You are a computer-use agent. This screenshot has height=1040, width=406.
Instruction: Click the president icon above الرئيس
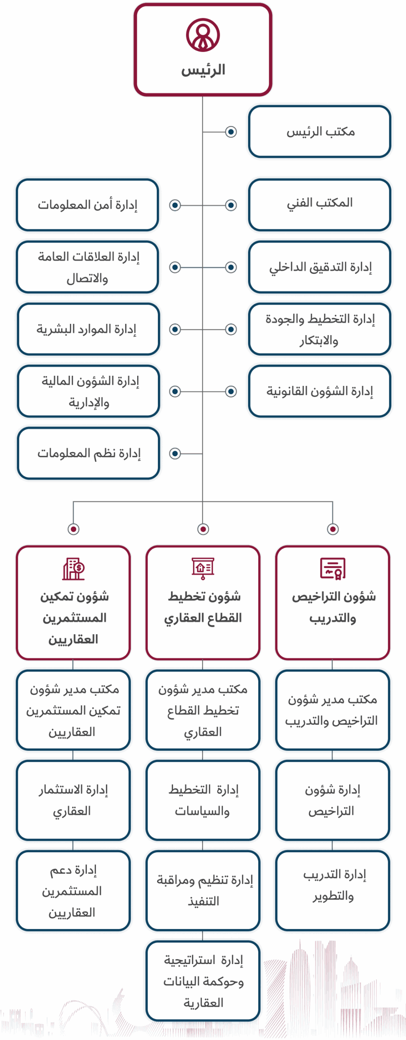[x=203, y=35]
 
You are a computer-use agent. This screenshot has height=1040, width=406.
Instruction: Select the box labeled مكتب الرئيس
[x=320, y=132]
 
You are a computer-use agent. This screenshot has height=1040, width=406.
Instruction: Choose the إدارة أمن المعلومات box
[x=87, y=205]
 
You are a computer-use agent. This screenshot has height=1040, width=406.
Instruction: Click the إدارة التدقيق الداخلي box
[x=320, y=267]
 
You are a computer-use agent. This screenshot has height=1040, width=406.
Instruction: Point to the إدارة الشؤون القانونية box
[x=320, y=391]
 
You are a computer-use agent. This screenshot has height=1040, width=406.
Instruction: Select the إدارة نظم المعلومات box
[x=88, y=453]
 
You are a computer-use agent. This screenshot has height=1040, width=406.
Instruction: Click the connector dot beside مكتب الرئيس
[x=231, y=132]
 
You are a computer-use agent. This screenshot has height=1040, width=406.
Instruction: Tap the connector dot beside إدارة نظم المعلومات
[x=175, y=453]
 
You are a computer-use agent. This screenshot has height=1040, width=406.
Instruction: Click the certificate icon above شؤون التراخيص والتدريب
[x=333, y=568]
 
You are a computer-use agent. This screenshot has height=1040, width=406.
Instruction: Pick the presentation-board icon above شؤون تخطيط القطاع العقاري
[x=203, y=568]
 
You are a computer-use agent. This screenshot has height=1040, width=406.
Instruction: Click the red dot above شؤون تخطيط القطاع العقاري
[x=203, y=529]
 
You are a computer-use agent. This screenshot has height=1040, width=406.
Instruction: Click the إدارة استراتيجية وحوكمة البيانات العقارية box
[x=203, y=981]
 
